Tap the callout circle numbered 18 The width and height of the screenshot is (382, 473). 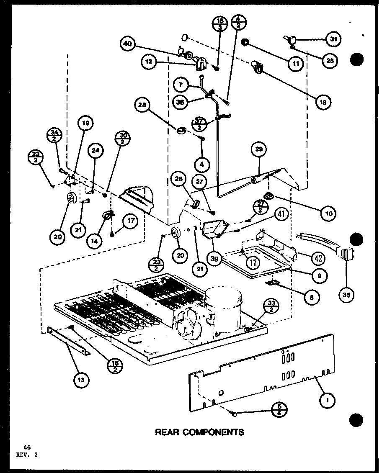coord(323,101)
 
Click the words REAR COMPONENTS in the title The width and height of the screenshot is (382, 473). coord(199,432)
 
